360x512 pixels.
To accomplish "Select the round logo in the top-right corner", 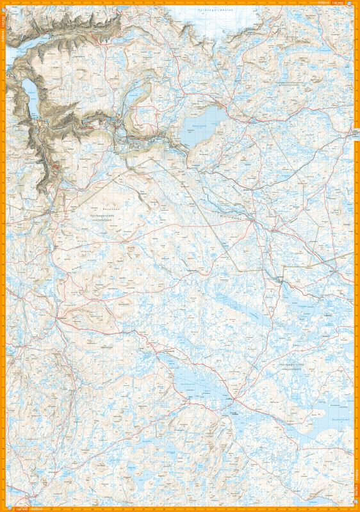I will (x=356, y=3).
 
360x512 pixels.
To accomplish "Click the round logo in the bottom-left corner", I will (x=4, y=508).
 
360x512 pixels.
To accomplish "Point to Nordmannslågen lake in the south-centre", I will (x=199, y=384).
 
